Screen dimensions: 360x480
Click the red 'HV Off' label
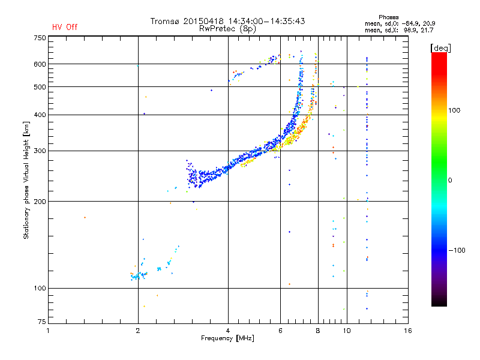click(65, 27)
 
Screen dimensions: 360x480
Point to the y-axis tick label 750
click(40, 38)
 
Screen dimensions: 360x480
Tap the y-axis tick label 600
click(40, 64)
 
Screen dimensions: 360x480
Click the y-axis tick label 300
click(40, 151)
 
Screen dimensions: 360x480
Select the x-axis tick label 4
click(228, 331)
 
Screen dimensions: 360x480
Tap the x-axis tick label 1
click(49, 331)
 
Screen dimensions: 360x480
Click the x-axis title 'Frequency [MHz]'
click(227, 339)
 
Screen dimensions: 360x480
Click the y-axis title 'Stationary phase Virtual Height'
click(26, 180)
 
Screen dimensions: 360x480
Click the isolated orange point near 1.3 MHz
click(85, 217)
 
